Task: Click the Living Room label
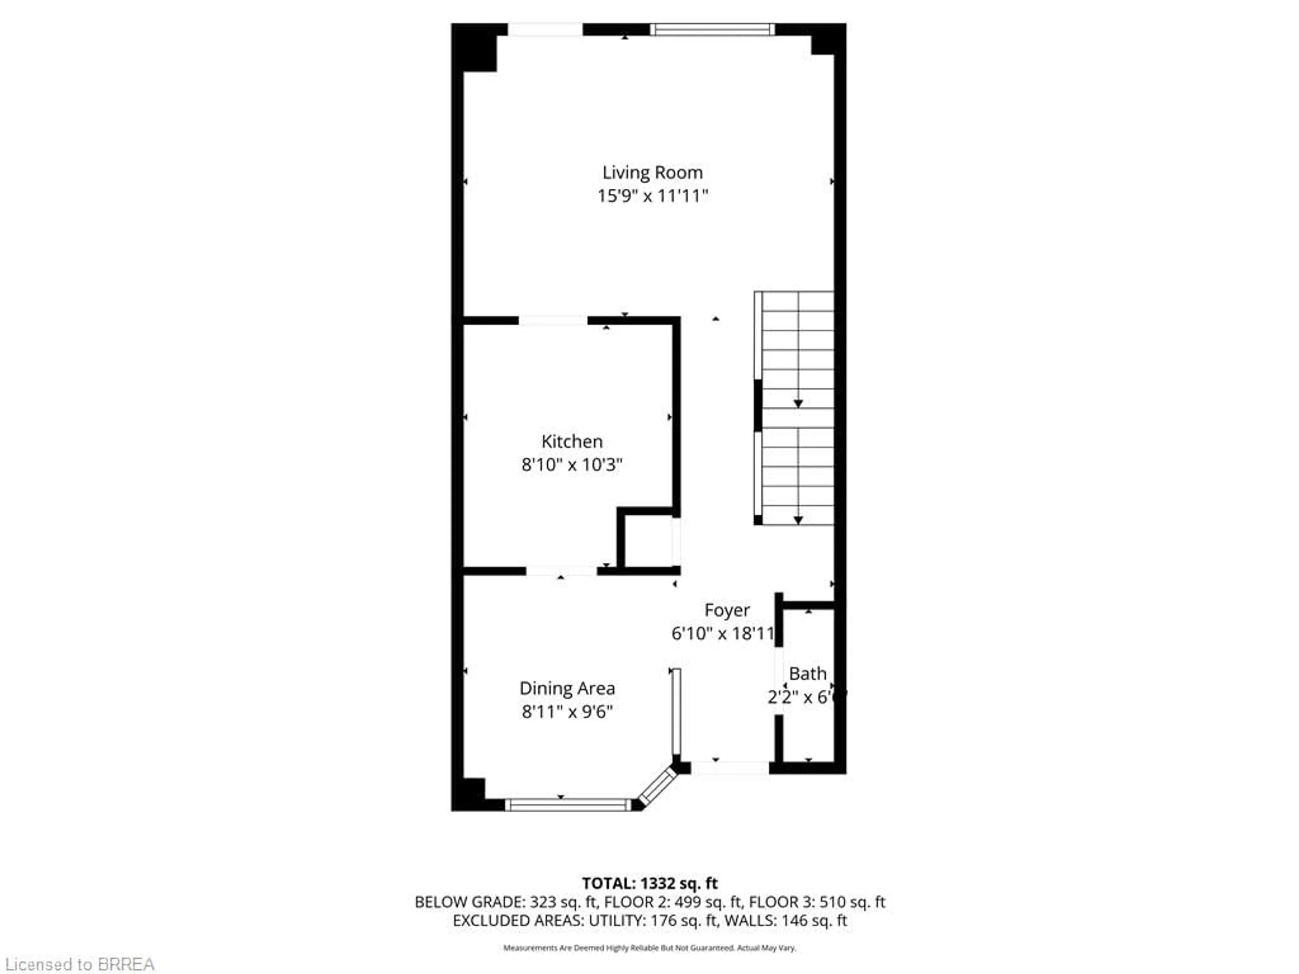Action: pos(653,172)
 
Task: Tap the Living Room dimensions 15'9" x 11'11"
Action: pos(653,196)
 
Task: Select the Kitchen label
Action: pos(571,441)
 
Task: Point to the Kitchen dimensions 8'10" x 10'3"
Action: pos(571,465)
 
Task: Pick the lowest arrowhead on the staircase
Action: pos(798,520)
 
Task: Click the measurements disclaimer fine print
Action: pos(649,948)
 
